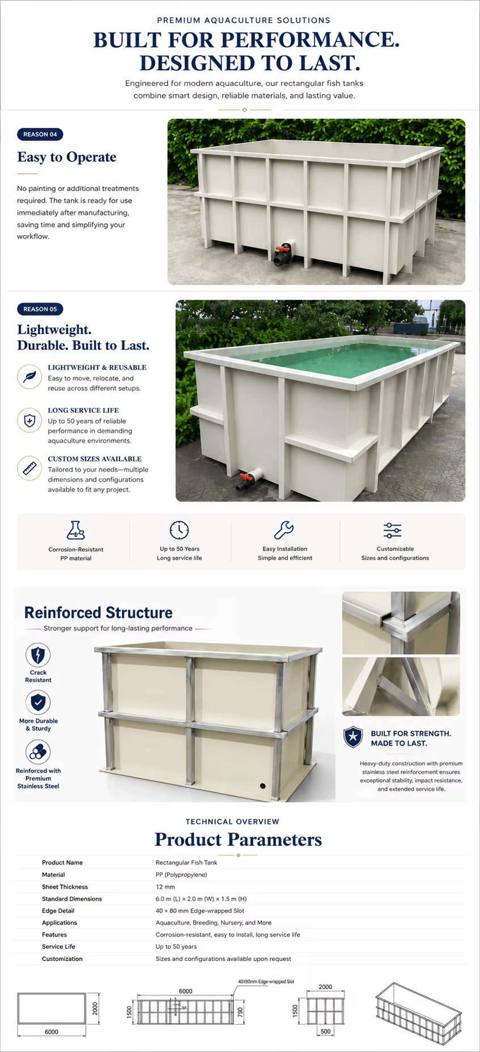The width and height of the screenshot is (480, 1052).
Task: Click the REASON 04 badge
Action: pos(40,134)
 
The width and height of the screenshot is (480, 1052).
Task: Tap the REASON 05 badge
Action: pos(40,309)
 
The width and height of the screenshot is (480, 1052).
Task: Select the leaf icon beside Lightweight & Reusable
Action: pos(29,377)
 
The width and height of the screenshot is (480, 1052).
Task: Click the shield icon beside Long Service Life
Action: pos(29,420)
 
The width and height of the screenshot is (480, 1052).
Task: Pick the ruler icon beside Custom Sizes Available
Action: pos(29,468)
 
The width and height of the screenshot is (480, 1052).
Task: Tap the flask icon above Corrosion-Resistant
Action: pos(75,530)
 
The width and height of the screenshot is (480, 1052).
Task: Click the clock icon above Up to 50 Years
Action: pos(179,530)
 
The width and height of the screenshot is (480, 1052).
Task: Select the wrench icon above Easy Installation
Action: pos(284,530)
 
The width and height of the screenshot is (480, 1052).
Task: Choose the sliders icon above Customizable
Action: pos(392,530)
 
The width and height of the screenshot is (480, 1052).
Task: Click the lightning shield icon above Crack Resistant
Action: pos(38,655)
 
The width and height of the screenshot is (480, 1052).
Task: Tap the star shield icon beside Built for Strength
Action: pos(354,737)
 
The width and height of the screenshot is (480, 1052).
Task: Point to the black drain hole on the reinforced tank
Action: pos(263,786)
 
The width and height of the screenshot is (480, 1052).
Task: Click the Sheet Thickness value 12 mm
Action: pos(165,887)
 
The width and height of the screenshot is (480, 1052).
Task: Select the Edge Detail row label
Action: pos(58,910)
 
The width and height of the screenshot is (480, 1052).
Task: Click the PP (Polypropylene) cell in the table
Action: pos(181,875)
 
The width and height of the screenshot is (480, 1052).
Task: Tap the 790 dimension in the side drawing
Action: pos(240,1012)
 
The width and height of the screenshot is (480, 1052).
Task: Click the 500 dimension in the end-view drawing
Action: pos(325,1032)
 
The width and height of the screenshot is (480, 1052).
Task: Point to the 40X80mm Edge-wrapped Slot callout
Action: pos(266,981)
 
